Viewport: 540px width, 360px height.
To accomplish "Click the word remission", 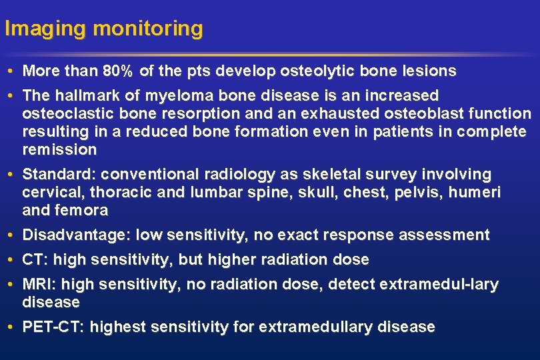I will pyautogui.click(x=59, y=149).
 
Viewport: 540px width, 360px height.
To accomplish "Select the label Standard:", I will pyautogui.click(x=61, y=175).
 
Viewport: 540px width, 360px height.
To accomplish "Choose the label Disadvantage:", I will pyautogui.click(x=77, y=235).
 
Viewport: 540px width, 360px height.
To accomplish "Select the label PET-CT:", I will pyautogui.click(x=53, y=327).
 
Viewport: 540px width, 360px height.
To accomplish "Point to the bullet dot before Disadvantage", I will pyautogui.click(x=13, y=235).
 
